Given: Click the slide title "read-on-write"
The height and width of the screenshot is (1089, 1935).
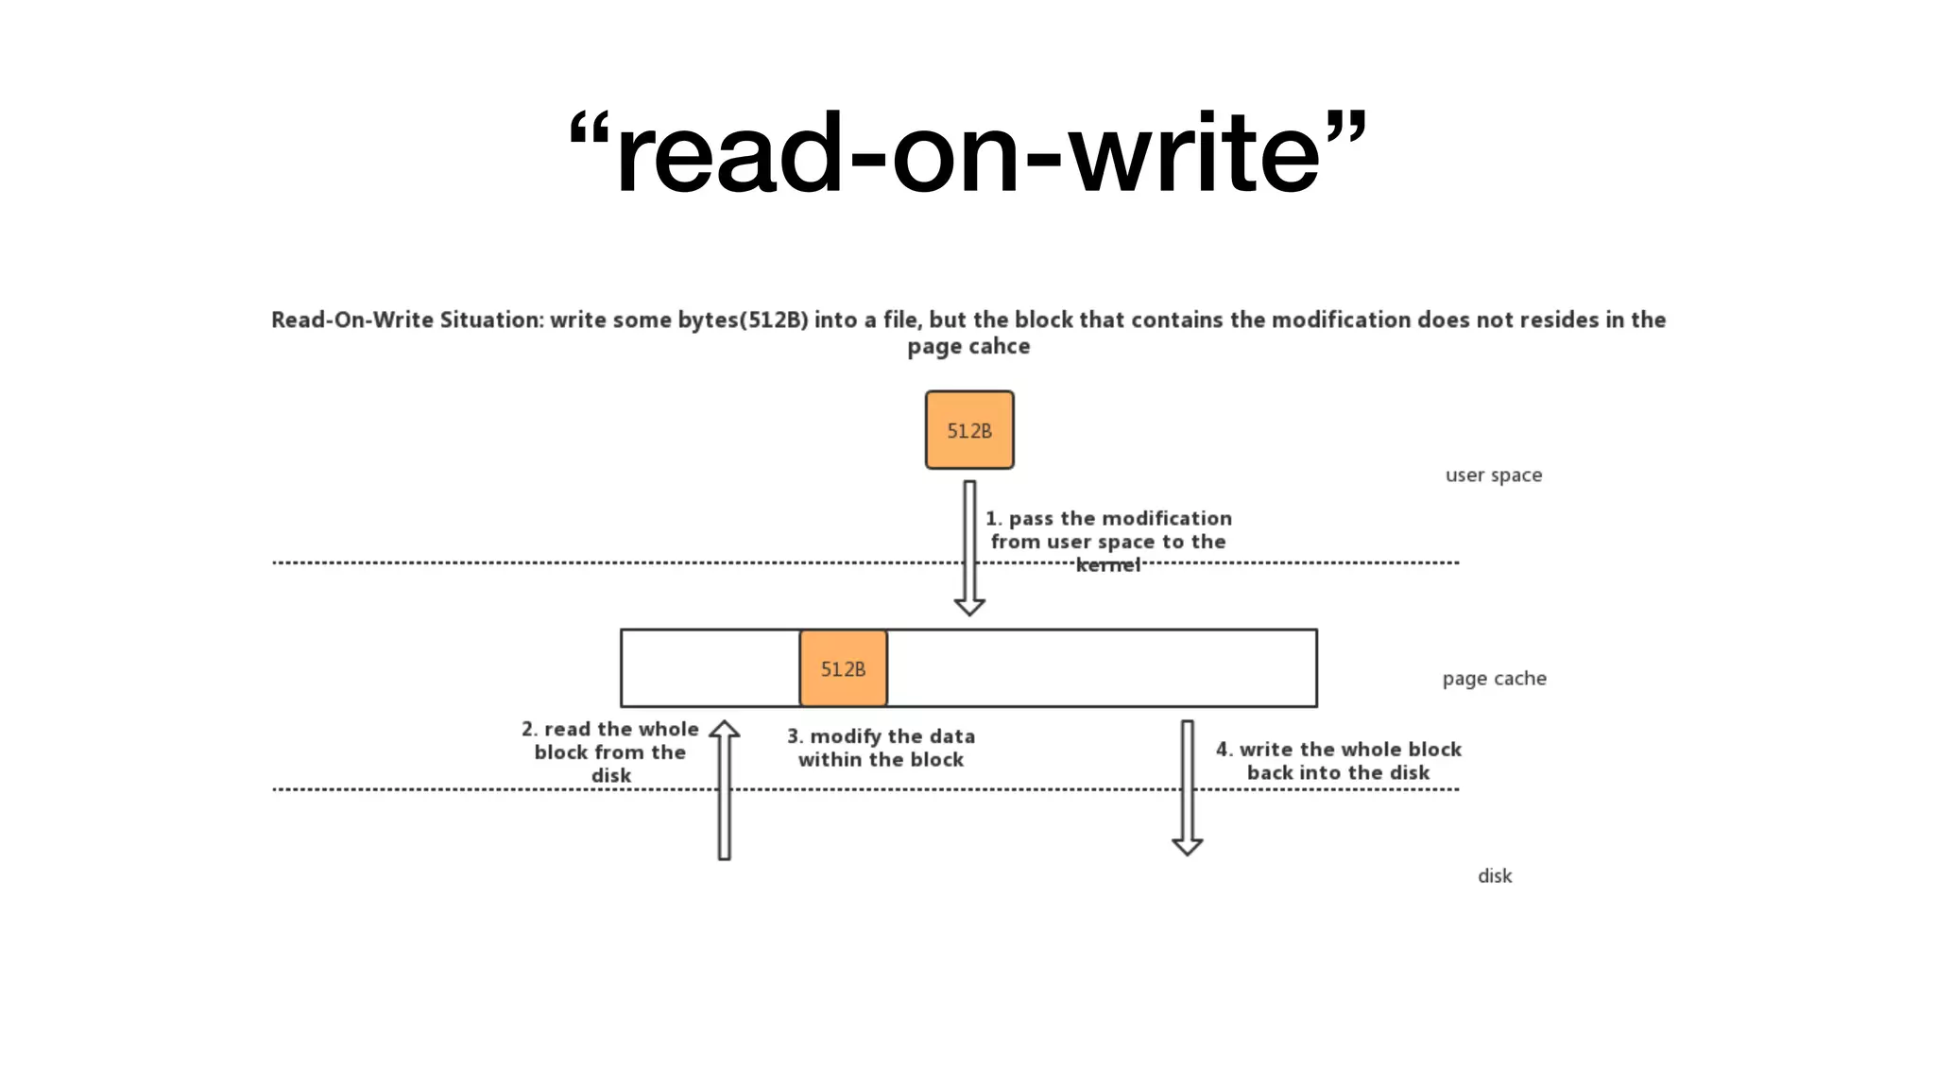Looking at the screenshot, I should tap(967, 153).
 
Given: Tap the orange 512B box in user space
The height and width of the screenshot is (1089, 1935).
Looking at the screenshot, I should tap(969, 430).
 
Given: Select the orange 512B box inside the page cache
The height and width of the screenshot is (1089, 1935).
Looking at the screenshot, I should tap(843, 668).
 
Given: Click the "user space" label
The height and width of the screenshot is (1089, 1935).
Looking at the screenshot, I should tap(1493, 475).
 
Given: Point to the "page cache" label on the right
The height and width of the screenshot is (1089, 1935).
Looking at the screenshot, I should tap(1494, 679).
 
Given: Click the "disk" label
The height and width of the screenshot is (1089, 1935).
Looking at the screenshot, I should tap(1494, 876).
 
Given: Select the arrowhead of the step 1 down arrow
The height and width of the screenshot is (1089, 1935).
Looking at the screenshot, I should tap(969, 606).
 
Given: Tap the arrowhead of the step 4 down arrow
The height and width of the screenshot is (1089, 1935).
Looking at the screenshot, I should tap(1187, 846).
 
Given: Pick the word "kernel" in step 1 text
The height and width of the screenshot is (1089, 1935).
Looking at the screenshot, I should tap(1108, 565).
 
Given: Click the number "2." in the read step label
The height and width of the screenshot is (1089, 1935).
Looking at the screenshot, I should tap(529, 730).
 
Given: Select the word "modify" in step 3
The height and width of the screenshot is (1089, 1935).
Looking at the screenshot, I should tap(845, 736).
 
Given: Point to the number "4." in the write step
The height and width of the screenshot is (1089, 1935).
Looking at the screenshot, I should tap(1224, 750).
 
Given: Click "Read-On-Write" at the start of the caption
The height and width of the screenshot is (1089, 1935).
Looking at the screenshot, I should tap(351, 320).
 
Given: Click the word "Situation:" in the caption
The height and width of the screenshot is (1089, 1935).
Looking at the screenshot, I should tap(491, 320).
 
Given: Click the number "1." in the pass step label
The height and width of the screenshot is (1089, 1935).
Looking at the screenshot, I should tap(993, 519).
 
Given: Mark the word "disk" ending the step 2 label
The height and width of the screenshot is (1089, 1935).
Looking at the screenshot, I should tap(610, 776).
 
